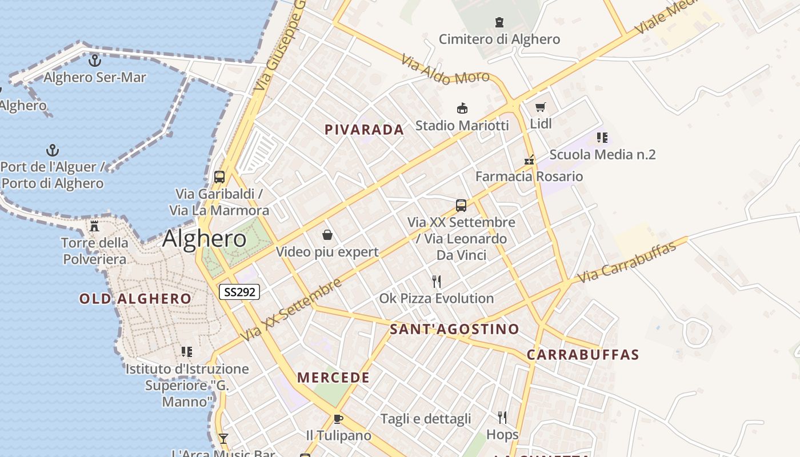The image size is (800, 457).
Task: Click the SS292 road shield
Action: [x=239, y=292]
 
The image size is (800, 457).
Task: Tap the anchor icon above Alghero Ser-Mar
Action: [x=94, y=60]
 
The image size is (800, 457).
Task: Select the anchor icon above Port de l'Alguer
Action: [x=53, y=150]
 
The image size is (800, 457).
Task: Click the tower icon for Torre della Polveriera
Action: [x=95, y=226]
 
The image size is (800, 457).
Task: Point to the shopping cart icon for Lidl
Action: [x=541, y=107]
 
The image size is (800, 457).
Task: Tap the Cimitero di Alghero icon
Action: [x=499, y=23]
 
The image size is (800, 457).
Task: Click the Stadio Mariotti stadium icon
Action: [x=462, y=108]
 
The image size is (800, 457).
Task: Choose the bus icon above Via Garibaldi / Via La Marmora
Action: [x=219, y=177]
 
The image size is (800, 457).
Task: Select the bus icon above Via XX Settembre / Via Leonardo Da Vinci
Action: [x=461, y=205]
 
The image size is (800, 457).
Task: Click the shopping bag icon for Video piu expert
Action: [x=327, y=235]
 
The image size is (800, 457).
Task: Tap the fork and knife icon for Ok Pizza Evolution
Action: [x=437, y=281]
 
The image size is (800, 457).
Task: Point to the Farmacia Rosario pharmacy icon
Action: [x=530, y=159]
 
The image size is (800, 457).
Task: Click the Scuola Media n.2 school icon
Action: [x=602, y=138]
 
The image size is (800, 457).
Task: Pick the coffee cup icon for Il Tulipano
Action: [x=338, y=419]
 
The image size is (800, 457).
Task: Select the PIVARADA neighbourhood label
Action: [x=364, y=130]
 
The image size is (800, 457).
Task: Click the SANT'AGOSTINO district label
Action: [x=454, y=329]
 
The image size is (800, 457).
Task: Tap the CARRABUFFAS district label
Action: [x=583, y=354]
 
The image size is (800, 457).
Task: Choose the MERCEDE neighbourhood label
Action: [x=333, y=378]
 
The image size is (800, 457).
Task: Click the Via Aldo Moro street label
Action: [x=445, y=69]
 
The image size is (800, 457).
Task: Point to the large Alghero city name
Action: [x=204, y=239]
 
